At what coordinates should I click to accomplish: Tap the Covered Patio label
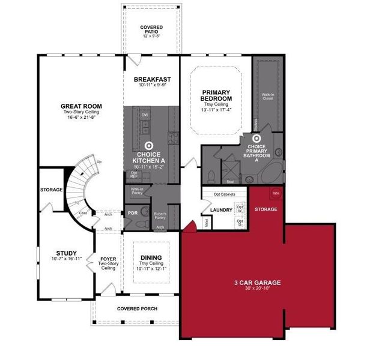[x=152, y=28]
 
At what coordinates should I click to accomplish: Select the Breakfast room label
[x=152, y=80]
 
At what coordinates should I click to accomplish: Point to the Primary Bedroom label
[x=216, y=95]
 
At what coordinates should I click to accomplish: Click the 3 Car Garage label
[x=257, y=282]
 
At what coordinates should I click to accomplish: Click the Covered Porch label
[x=138, y=308]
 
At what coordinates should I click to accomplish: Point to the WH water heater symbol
[x=276, y=193]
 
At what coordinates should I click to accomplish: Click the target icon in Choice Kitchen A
[x=149, y=145]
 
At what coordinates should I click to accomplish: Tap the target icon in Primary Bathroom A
[x=255, y=139]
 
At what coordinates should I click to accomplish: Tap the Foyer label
[x=108, y=260]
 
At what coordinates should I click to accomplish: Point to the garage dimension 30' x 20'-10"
[x=257, y=289]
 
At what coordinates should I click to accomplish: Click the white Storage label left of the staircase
[x=52, y=190]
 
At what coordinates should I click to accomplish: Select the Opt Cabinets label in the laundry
[x=223, y=194]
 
